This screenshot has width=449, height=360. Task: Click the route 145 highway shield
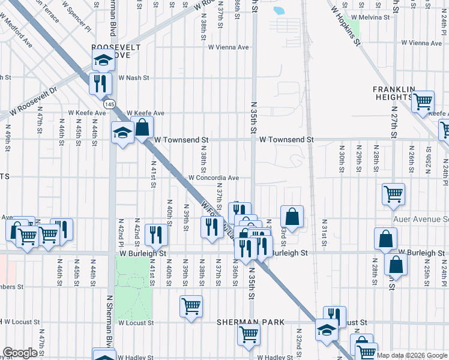(109, 104)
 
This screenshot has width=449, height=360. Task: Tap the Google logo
(20, 353)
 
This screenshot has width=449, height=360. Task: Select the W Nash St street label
(133, 77)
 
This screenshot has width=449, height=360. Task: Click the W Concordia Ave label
(214, 178)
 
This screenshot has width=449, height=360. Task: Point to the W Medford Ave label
(17, 35)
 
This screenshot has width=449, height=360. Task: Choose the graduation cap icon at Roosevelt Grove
(103, 60)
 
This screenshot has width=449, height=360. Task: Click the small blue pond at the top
(279, 10)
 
